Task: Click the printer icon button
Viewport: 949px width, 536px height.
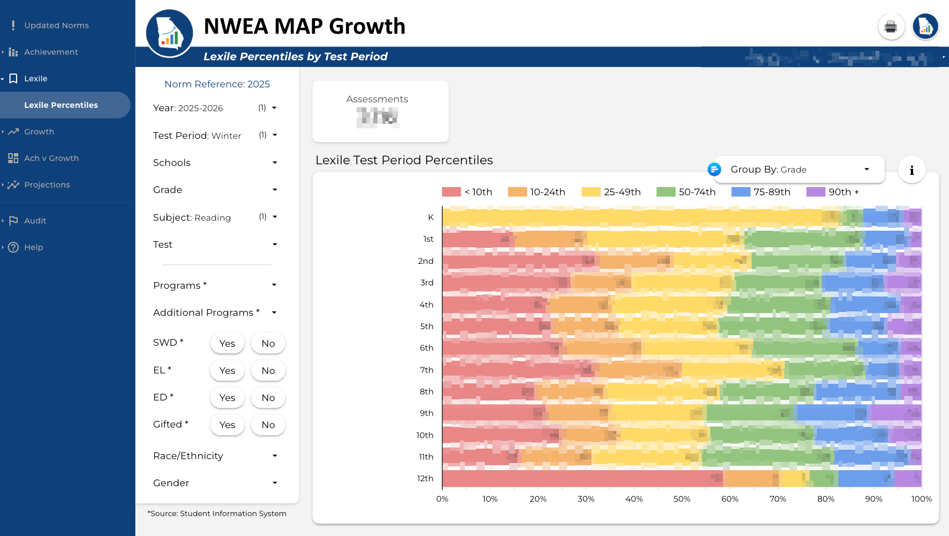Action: pyautogui.click(x=890, y=27)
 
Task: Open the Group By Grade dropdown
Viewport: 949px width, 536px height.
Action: pyautogui.click(x=799, y=169)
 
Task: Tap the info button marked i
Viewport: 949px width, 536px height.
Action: pyautogui.click(x=911, y=170)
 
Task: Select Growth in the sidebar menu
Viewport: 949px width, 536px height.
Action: pyautogui.click(x=39, y=132)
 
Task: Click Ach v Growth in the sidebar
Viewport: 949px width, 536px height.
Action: pyautogui.click(x=51, y=158)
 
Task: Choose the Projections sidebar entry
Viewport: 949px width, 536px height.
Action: pyautogui.click(x=47, y=185)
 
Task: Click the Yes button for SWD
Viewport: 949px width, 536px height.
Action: pyautogui.click(x=227, y=344)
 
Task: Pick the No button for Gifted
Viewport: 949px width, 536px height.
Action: pyautogui.click(x=268, y=425)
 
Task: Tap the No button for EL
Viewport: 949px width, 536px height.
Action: pyautogui.click(x=268, y=371)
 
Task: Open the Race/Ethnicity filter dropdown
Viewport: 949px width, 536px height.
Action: pyautogui.click(x=215, y=456)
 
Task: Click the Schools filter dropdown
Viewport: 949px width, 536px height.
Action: pyautogui.click(x=215, y=163)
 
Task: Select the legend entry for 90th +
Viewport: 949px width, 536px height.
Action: pyautogui.click(x=833, y=192)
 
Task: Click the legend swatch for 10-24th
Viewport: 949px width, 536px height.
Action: pyautogui.click(x=517, y=192)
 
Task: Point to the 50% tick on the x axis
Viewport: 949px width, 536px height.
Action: pyautogui.click(x=681, y=498)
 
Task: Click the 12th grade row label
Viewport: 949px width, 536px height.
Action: pyautogui.click(x=425, y=478)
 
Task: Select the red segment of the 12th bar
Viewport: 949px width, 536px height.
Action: pyautogui.click(x=580, y=478)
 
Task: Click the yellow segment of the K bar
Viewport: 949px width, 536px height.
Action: pyautogui.click(x=630, y=217)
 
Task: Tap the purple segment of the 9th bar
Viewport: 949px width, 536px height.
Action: pyautogui.click(x=895, y=413)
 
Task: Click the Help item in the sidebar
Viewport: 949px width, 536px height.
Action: pyautogui.click(x=33, y=247)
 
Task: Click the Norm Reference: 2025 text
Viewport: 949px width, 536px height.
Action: pyautogui.click(x=217, y=84)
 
